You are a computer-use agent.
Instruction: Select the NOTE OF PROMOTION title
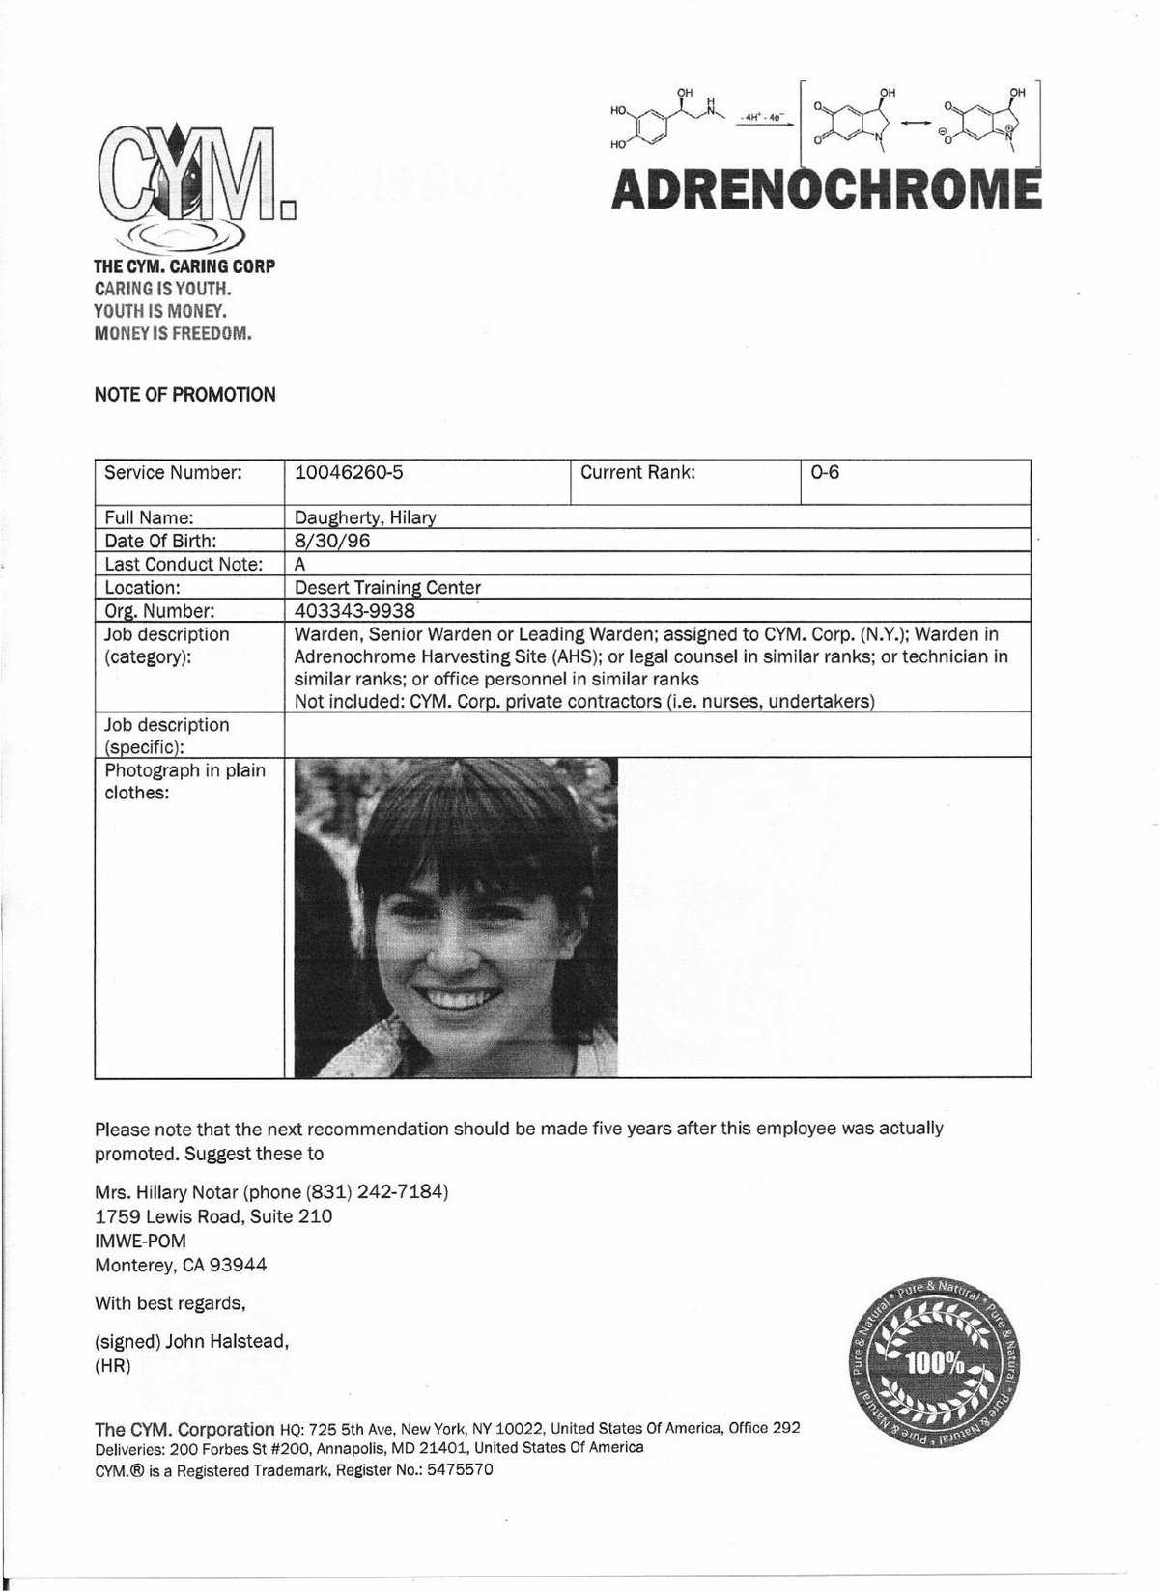(x=184, y=394)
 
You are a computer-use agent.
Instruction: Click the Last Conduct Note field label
(x=184, y=564)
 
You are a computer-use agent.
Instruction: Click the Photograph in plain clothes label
(x=184, y=782)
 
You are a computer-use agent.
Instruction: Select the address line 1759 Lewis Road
(x=213, y=1215)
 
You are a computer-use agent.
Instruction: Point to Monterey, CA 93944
(x=181, y=1265)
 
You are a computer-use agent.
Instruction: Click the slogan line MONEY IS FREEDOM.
(x=172, y=334)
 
